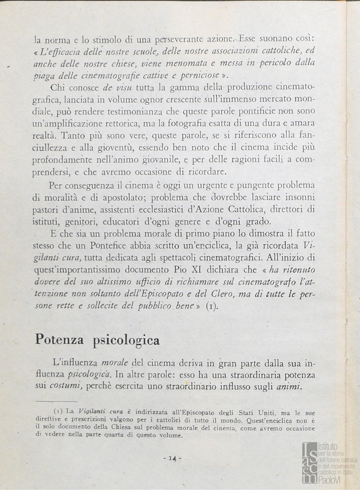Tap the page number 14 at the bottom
pyautogui.click(x=172, y=459)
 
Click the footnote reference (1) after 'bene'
pyautogui.click(x=212, y=306)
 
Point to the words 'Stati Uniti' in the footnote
pyautogui.click(x=253, y=412)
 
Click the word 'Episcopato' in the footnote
pyautogui.click(x=192, y=412)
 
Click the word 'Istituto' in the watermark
pyautogui.click(x=329, y=446)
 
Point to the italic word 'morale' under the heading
pyautogui.click(x=115, y=363)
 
